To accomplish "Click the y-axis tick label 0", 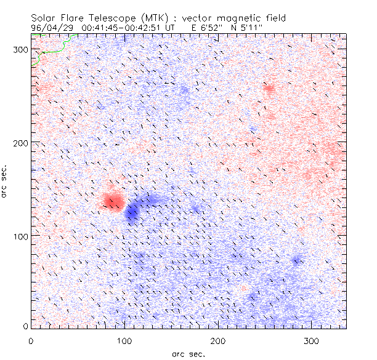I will (25, 327).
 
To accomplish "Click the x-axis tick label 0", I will (31, 340).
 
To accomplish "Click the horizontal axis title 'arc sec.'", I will (188, 353).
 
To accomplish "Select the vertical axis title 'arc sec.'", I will (5, 181).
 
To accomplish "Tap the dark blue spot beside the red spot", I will (132, 213).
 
